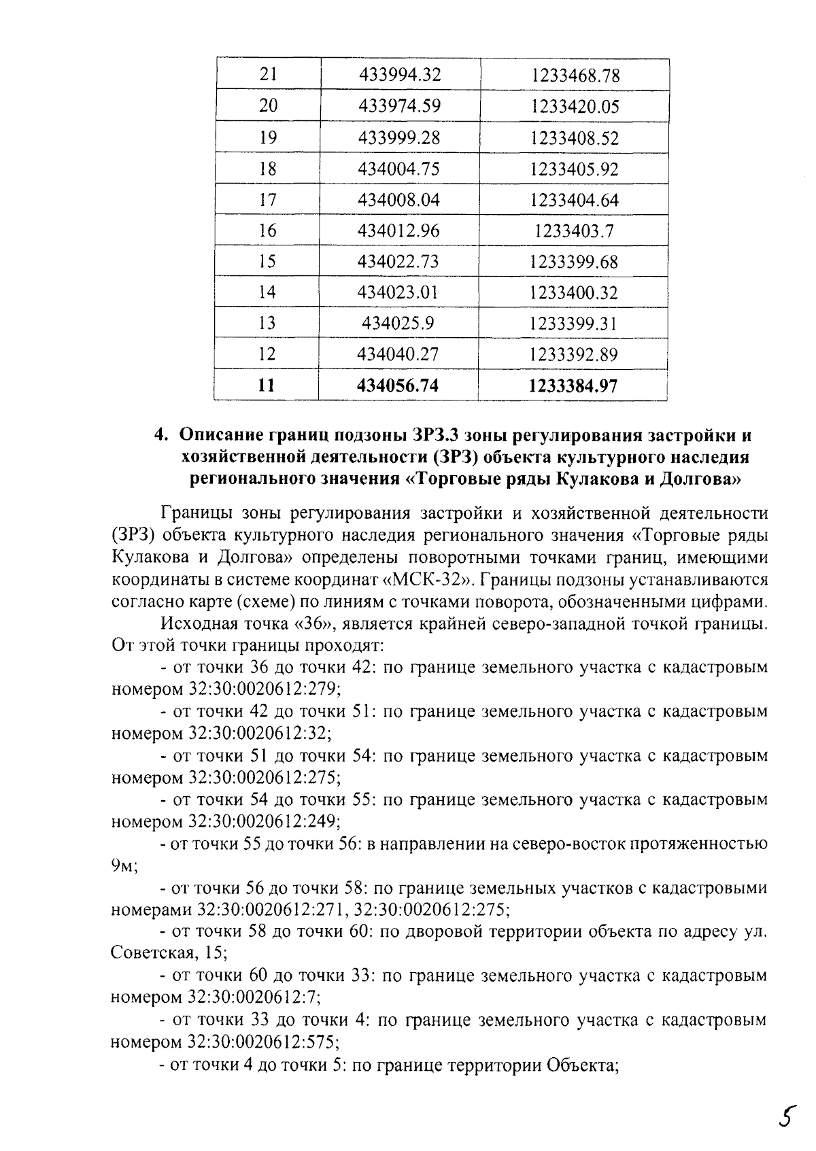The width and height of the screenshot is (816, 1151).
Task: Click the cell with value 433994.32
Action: coord(399,75)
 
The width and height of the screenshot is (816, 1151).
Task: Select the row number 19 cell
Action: coord(268,138)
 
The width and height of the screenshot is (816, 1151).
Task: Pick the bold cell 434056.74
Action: coord(398,386)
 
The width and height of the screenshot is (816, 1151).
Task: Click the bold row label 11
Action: coord(267,386)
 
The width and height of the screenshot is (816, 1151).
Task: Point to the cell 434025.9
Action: coord(398,324)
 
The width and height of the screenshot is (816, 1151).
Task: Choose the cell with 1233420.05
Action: coord(575,107)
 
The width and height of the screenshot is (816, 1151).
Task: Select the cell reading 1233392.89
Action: coord(574,355)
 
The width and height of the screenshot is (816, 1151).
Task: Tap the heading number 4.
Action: coord(160,435)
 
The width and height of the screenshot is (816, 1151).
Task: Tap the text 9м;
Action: coord(124,865)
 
